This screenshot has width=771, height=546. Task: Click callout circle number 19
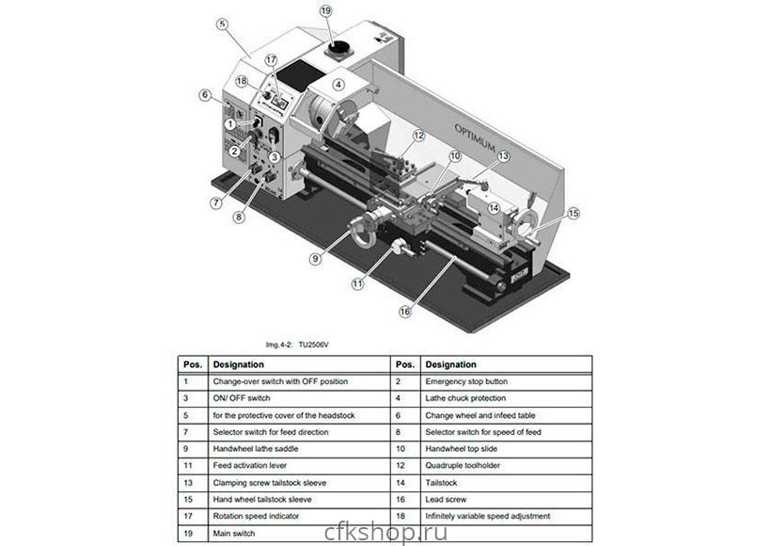coord(326,11)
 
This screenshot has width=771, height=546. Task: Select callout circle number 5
coord(223,24)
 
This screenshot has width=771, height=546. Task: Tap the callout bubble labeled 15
coord(574,214)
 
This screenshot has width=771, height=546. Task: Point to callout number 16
coord(405,311)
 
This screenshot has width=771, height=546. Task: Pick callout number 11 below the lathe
coord(357,282)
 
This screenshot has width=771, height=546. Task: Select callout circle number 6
coord(205,94)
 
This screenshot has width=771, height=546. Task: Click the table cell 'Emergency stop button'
coord(465,381)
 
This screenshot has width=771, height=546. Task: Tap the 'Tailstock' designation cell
coord(445,483)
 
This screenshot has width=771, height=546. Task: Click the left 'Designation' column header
coord(239,364)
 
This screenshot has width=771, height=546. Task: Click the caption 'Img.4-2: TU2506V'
coord(297,345)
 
